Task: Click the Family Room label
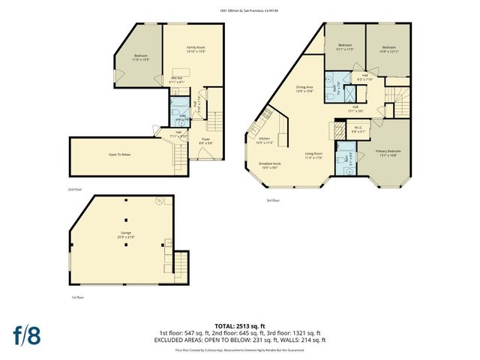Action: click(196, 49)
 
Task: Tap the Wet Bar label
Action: click(178, 79)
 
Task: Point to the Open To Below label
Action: click(120, 155)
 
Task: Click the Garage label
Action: click(126, 234)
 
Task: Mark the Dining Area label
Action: click(304, 88)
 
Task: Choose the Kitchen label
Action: click(265, 140)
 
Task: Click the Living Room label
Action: click(313, 155)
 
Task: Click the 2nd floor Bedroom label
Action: click(140, 57)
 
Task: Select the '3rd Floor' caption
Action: click(272, 201)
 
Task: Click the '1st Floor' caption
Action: click(78, 297)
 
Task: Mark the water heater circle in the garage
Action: click(158, 201)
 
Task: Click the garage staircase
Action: click(179, 264)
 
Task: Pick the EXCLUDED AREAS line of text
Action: click(239, 340)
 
